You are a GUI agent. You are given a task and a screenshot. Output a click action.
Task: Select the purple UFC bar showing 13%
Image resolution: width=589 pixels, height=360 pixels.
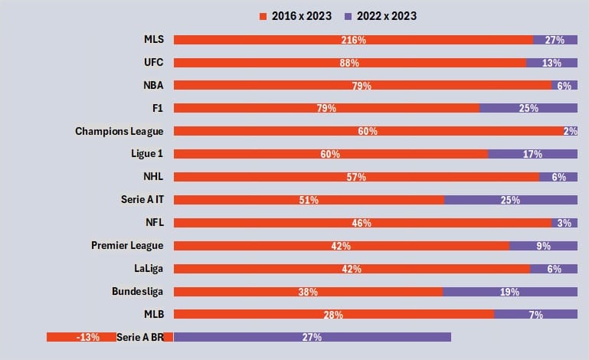[x=551, y=63]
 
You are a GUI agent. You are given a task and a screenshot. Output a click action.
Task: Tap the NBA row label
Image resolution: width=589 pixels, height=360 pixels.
[x=153, y=86]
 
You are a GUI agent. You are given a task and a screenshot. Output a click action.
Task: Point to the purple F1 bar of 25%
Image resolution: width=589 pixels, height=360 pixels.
[x=528, y=108]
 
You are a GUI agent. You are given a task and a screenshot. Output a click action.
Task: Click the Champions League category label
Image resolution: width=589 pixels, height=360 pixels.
[x=119, y=131]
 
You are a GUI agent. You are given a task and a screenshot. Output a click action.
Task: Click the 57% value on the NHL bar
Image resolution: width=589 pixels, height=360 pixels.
[x=356, y=177]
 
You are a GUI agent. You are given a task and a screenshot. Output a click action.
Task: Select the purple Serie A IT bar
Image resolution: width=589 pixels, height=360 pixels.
[x=511, y=200]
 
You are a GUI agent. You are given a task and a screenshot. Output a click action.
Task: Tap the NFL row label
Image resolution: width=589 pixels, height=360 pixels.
[x=153, y=223]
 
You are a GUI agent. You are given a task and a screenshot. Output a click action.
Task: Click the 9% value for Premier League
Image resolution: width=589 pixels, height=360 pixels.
[x=543, y=246]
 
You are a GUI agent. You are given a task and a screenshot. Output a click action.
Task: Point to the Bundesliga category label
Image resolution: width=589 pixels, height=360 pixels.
[x=138, y=292]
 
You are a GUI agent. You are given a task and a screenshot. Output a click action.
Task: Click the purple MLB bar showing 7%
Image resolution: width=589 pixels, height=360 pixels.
[x=535, y=314]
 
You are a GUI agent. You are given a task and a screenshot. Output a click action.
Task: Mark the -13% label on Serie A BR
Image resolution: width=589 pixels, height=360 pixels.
[x=87, y=337]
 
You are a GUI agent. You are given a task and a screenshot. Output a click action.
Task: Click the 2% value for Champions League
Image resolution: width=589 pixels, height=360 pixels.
[x=570, y=131]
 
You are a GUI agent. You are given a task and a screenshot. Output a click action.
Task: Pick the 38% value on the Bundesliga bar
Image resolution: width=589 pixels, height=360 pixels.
[x=308, y=292]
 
